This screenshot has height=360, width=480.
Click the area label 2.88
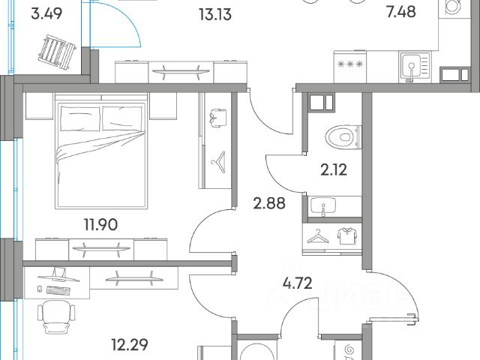pos(270,202)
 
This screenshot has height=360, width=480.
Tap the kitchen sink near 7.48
pos(413,67)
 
